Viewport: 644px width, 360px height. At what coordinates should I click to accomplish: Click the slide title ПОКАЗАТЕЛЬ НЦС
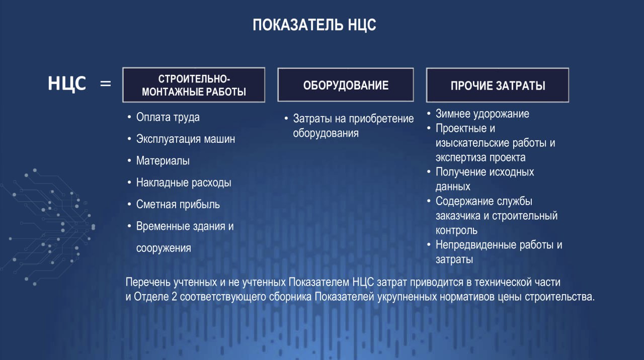314,25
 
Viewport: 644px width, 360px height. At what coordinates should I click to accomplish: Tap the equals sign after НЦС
106,83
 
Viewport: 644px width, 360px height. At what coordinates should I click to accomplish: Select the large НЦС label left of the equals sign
67,83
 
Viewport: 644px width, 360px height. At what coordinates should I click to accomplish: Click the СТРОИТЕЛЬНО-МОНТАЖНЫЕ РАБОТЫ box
194,85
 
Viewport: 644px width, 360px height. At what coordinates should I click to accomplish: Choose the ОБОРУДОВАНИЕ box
346,85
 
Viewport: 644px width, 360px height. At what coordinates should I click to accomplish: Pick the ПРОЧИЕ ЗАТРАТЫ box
498,85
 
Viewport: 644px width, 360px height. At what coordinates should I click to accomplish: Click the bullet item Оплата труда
168,117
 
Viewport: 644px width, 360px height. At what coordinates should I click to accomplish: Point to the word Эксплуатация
169,139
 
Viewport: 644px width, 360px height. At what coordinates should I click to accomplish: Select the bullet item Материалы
163,160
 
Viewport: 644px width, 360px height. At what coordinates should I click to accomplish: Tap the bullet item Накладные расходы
184,183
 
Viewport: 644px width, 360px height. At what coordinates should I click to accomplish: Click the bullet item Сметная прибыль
178,204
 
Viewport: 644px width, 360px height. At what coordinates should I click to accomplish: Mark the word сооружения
164,248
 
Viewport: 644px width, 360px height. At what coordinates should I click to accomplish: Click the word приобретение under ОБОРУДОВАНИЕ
381,119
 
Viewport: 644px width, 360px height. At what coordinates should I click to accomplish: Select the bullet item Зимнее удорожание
482,114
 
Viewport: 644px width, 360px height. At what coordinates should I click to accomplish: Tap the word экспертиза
461,157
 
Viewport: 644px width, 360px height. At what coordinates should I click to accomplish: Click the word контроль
456,230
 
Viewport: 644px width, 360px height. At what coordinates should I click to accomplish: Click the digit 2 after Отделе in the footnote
174,297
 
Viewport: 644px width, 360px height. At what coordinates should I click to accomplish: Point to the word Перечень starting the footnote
148,283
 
